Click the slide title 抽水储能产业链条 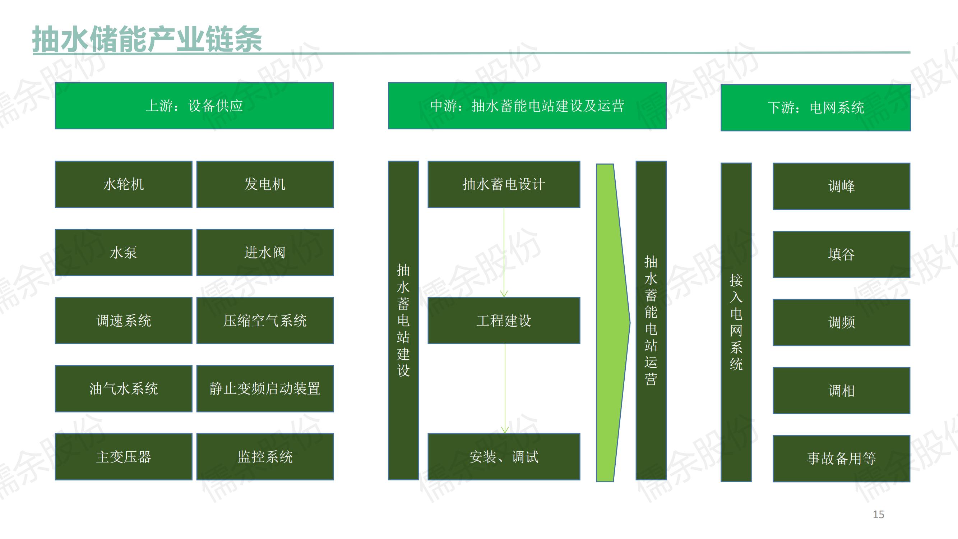pyautogui.click(x=147, y=39)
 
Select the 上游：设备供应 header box pyautogui.click(x=194, y=106)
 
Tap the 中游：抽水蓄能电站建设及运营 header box pyautogui.click(x=527, y=106)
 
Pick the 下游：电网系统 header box pyautogui.click(x=815, y=108)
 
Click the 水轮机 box pyautogui.click(x=124, y=184)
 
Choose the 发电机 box pyautogui.click(x=265, y=184)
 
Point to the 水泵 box pyautogui.click(x=124, y=253)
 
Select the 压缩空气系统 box pyautogui.click(x=265, y=321)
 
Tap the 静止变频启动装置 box pyautogui.click(x=265, y=389)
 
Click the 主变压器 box pyautogui.click(x=124, y=457)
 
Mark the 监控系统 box pyautogui.click(x=265, y=457)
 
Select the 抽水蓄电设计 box pyautogui.click(x=504, y=184)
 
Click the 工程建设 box pyautogui.click(x=504, y=321)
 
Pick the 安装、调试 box pyautogui.click(x=504, y=457)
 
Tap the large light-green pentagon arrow pyautogui.click(x=610, y=323)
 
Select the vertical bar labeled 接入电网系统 pyautogui.click(x=736, y=322)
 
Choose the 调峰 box pyautogui.click(x=841, y=186)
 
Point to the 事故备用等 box pyautogui.click(x=841, y=459)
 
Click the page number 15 pyautogui.click(x=878, y=515)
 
